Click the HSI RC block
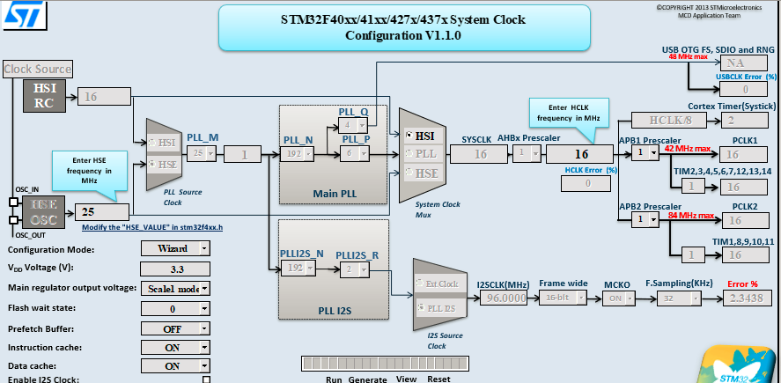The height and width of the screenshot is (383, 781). (x=44, y=96)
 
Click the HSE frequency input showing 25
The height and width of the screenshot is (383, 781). (x=103, y=212)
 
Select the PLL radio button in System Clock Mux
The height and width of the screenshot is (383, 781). (x=410, y=154)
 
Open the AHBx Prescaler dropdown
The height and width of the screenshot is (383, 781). (x=527, y=154)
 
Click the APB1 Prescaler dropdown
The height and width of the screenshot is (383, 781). (x=645, y=153)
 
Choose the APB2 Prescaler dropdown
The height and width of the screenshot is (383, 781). (x=645, y=219)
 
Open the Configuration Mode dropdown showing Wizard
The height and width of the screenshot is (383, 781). (x=175, y=248)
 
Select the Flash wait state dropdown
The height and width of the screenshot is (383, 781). (x=175, y=308)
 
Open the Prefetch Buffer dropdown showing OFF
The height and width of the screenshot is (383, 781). (x=175, y=328)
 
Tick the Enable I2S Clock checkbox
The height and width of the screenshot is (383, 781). (x=206, y=379)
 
